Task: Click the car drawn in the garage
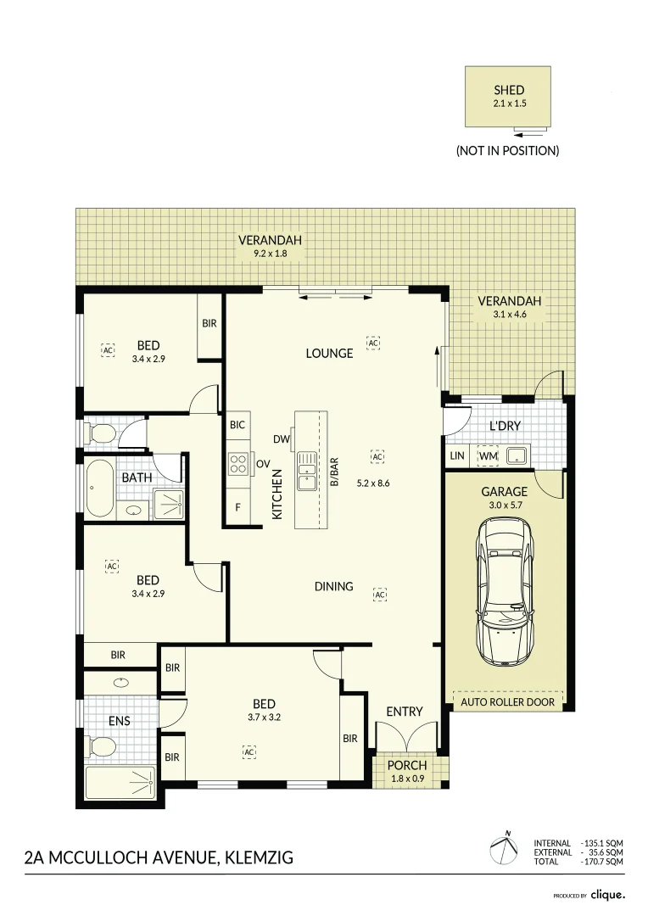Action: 505,591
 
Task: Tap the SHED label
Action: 509,90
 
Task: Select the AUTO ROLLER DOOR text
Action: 508,701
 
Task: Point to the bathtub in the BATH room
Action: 100,489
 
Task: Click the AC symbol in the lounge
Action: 373,343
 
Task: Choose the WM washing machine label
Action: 488,455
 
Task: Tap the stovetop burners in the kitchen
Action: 238,464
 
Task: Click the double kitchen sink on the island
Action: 307,471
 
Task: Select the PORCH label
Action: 407,765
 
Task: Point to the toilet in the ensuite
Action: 101,746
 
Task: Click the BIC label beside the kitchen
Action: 237,425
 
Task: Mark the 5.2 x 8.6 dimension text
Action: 373,483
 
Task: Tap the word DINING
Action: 333,586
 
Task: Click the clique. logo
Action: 607,895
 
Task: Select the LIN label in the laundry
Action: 457,455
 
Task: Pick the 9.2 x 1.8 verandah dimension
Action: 270,254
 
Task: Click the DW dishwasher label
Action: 281,438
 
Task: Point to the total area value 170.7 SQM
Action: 602,861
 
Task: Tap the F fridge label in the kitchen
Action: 237,507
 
